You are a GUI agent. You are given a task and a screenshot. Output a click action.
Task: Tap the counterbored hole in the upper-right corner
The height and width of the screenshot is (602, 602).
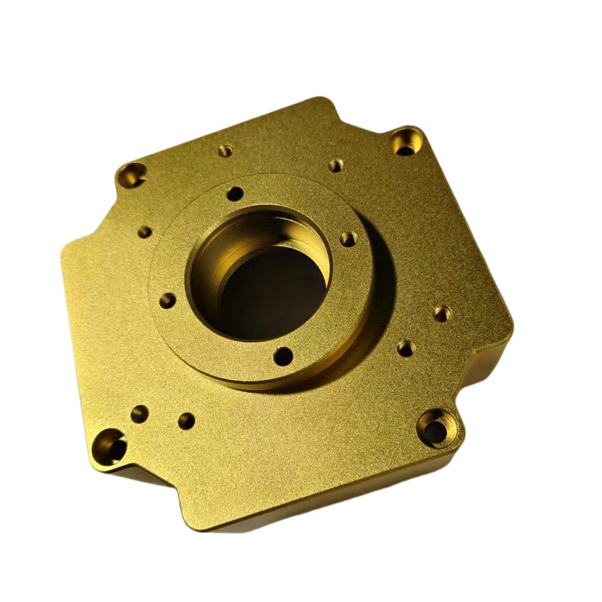pos(406,142)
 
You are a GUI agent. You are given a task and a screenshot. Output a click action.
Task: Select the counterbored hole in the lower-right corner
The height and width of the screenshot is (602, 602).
pos(438,430)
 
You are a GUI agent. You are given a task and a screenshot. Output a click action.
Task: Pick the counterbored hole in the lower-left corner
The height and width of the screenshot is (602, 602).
pos(113,446)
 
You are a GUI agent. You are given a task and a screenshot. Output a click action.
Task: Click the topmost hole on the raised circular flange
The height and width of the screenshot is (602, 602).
pos(235,193)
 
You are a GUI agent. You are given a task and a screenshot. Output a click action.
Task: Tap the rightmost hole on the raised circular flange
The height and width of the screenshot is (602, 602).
pos(348,239)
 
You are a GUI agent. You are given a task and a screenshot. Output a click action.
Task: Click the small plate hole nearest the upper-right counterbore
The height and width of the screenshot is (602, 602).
pos(335,166)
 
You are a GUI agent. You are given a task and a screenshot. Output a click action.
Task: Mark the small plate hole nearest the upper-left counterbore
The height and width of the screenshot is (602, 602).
pos(225,151)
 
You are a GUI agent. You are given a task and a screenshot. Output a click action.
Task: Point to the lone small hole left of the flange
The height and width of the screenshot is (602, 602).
pos(144,232)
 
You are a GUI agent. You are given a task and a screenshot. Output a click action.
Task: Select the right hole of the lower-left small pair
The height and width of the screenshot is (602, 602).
pos(186,420)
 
